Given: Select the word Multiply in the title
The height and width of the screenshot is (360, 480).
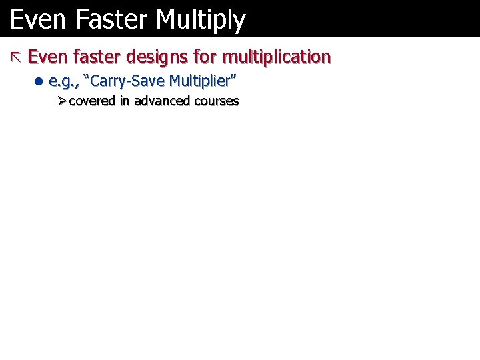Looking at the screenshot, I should (x=201, y=20).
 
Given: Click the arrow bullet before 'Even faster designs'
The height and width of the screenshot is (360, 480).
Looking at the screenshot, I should (x=16, y=57).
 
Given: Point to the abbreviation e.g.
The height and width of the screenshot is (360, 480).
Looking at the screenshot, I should (x=62, y=82).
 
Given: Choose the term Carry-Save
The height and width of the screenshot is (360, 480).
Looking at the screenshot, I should (x=126, y=81).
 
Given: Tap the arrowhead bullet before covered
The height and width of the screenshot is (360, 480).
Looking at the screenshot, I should (x=61, y=101).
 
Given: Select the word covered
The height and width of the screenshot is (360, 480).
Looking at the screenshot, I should (x=92, y=101).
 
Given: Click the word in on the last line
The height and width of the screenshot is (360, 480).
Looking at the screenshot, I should (x=125, y=101).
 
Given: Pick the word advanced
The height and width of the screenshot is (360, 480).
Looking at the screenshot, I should (x=162, y=101).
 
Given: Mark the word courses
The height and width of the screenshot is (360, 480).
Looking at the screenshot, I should (x=217, y=101).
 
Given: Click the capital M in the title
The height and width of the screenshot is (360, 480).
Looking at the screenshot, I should (x=165, y=20).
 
